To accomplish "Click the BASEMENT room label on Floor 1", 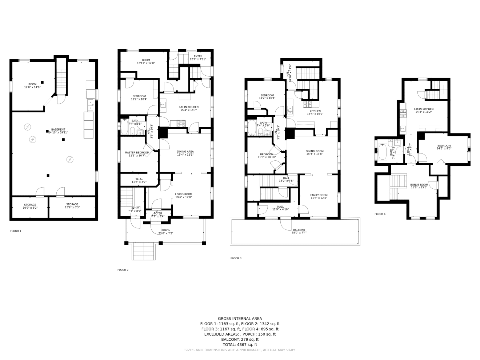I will point(58,130).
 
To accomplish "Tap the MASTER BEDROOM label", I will point(137,153).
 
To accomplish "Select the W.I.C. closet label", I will point(139,179).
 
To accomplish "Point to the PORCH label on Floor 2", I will point(165,230).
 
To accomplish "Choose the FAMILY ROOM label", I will point(319,195).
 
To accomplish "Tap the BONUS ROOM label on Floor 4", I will point(419,185).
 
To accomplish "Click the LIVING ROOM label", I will point(183,194).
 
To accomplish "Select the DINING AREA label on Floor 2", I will point(185,152).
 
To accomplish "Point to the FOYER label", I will point(158,213).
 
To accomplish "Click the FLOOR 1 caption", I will point(16,231).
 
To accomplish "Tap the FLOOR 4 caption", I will point(380,214).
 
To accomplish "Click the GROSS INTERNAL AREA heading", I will point(240,319).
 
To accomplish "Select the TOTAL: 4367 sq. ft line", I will point(240,345).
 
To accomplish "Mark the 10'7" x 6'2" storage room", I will point(30,207).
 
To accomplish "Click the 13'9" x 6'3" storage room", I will point(72,206).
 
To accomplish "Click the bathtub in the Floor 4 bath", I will point(383,152).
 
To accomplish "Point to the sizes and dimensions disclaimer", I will point(240,350).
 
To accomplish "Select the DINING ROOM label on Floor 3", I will point(314,151).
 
